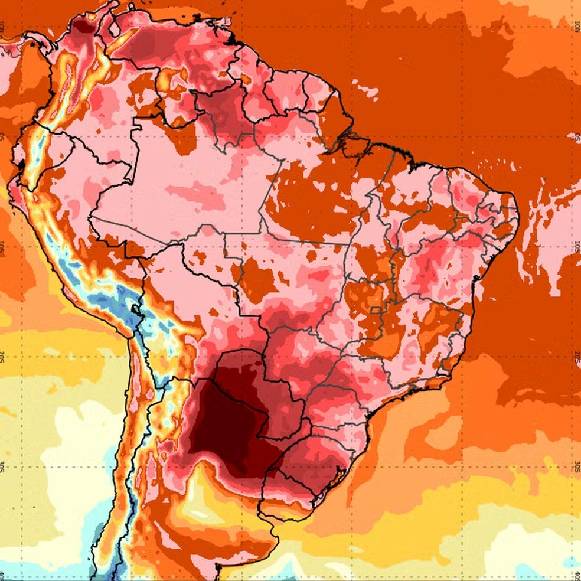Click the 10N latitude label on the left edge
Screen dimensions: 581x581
point(3,26)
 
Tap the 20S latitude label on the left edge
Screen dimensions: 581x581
point(3,357)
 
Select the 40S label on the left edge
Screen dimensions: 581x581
point(3,575)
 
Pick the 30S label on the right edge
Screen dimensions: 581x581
point(577,466)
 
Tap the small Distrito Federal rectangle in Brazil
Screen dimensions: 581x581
point(374,311)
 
